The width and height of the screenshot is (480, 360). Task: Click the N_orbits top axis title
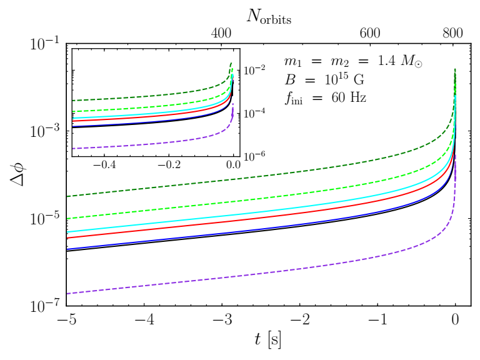pos(269,17)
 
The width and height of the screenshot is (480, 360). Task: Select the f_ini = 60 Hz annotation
pos(324,97)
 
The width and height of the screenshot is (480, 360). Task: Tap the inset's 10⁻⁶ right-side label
pos(256,154)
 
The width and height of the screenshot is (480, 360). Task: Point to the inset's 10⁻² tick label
pos(256,69)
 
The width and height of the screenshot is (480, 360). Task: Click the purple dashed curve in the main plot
pos(250,275)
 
